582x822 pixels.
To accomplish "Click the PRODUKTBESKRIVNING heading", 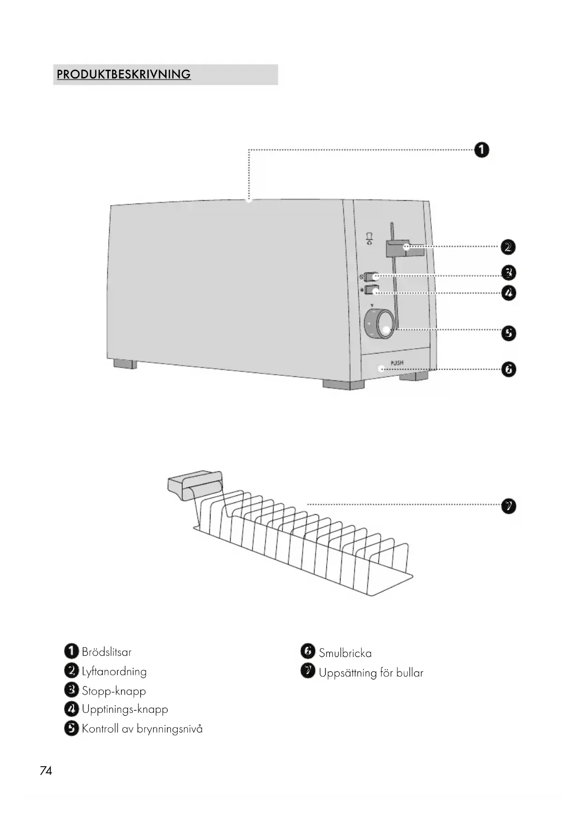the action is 124,75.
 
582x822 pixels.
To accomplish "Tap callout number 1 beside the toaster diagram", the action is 482,150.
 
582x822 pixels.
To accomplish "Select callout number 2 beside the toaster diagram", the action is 508,247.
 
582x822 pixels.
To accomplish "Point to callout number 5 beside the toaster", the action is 508,333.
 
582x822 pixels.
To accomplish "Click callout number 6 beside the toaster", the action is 508,369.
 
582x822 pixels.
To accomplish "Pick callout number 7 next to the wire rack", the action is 508,506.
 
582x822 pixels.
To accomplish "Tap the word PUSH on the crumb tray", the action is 397,363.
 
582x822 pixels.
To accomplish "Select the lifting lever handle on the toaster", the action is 404,248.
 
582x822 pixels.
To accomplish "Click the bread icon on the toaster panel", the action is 370,239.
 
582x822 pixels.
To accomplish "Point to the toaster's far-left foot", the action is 125,364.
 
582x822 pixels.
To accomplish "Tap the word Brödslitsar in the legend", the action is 106,652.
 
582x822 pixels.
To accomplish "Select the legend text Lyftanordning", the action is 114,672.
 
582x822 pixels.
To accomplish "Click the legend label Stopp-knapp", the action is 114,691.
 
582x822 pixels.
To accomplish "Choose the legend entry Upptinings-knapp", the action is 125,710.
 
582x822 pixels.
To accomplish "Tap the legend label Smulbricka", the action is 345,653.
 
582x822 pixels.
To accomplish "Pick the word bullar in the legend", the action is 409,673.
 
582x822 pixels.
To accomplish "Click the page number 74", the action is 46,771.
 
